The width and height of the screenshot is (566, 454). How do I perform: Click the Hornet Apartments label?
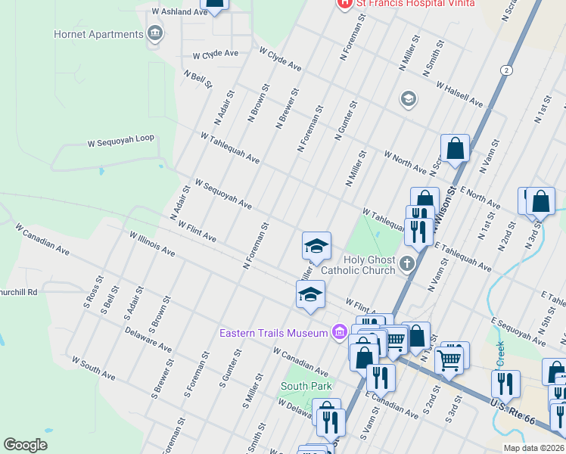98,34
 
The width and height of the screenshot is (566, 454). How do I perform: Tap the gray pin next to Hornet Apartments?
156,33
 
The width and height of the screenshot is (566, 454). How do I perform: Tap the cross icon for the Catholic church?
408,263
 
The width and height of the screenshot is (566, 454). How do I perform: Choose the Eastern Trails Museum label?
273,333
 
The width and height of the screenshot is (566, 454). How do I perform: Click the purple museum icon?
338,332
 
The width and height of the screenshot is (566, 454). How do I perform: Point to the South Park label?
306,386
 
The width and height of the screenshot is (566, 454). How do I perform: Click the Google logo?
26,445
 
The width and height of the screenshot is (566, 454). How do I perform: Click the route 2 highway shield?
505,70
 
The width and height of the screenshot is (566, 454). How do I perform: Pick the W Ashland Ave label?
179,12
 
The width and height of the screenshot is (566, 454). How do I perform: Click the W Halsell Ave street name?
459,92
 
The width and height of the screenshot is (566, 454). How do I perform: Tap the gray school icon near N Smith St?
409,99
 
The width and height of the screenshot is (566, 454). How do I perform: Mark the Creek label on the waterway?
499,353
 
